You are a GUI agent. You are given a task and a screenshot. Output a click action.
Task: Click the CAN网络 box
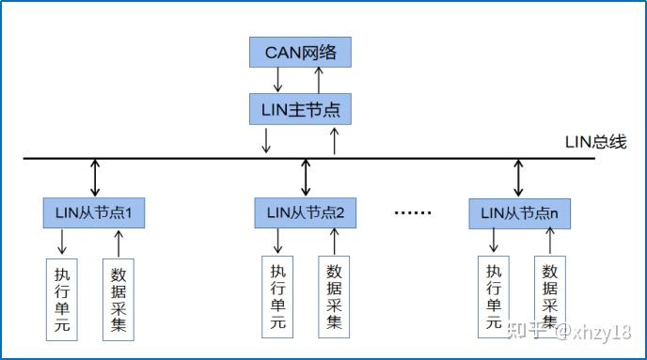300,52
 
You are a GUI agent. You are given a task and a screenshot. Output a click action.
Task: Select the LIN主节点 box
300,109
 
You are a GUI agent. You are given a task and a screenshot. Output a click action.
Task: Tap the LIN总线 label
595,143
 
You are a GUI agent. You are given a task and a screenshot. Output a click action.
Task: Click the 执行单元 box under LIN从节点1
63,298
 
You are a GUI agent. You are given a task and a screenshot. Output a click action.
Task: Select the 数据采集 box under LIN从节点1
118,298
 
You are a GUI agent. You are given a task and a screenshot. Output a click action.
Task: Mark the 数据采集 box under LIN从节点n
551,293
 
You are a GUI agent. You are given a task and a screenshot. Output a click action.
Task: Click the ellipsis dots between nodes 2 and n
411,213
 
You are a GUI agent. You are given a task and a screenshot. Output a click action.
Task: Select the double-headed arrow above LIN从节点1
94,178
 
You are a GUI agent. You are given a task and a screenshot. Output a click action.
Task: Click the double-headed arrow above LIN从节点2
306,178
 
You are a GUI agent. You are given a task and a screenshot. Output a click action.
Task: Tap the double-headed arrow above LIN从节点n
519,178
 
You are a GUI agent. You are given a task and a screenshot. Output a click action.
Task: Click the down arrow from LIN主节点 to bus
267,140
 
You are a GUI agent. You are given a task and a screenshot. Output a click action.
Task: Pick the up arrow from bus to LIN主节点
333,140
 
